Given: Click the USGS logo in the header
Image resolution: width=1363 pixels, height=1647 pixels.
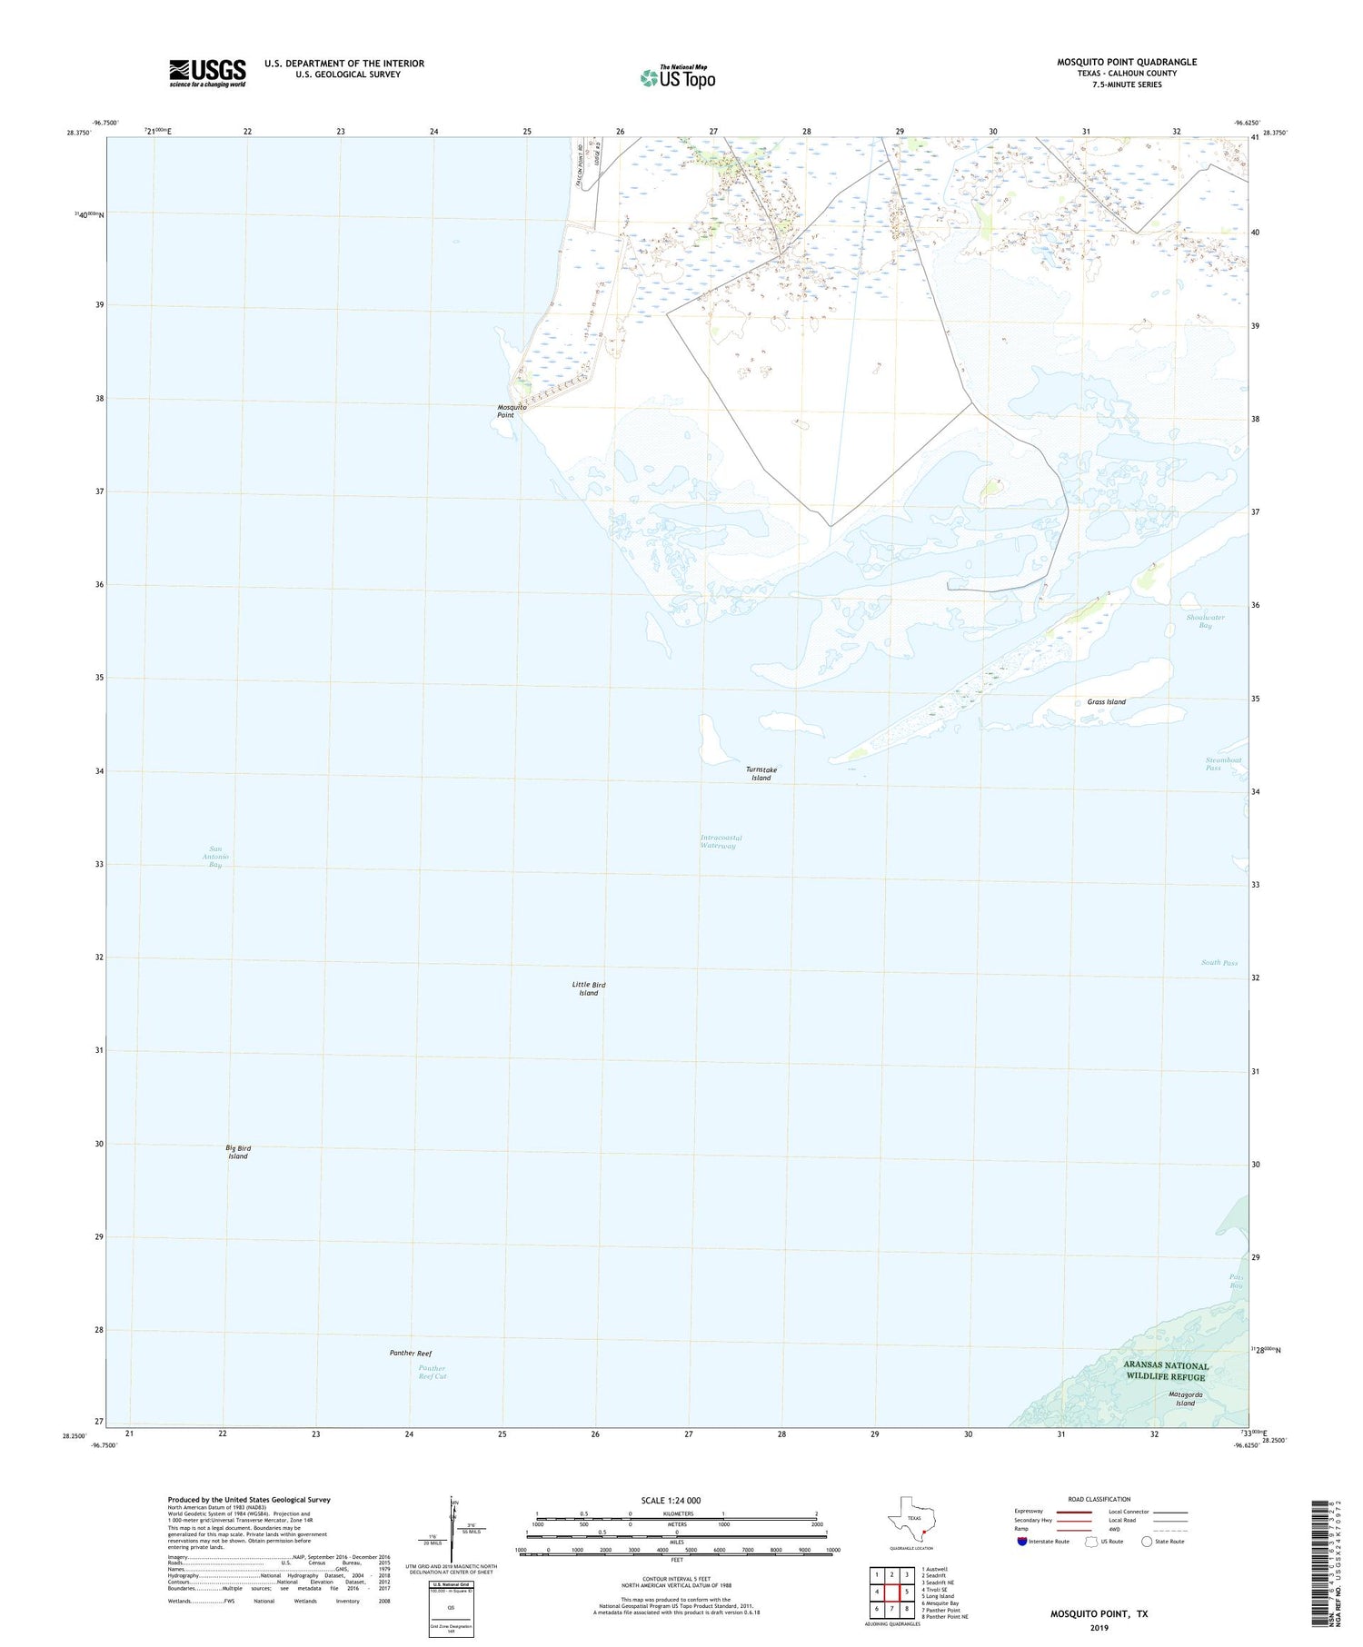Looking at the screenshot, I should [207, 73].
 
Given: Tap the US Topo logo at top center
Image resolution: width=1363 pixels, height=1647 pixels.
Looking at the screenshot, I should [678, 77].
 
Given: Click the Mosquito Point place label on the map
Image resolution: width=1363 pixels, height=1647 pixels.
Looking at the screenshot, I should [512, 411].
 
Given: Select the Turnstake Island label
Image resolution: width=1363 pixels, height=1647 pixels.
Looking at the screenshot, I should [761, 773].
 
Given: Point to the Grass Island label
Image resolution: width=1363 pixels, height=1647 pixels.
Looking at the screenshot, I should [1106, 702].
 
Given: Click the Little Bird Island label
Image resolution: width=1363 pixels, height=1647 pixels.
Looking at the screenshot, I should [589, 988].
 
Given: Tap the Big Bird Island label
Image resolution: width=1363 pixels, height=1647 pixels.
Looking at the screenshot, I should [238, 1153].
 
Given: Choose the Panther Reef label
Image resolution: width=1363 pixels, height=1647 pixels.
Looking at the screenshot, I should [411, 1354].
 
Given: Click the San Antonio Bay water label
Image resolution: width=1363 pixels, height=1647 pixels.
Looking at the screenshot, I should [215, 857].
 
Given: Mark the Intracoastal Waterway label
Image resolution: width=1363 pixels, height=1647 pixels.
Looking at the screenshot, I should [721, 841].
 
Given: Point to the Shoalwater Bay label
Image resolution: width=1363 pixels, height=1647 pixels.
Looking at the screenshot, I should [1205, 621].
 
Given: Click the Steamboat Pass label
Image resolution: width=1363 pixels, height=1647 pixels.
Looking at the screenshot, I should [1223, 764].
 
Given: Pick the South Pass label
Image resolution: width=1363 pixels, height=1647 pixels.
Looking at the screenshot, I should [1219, 963].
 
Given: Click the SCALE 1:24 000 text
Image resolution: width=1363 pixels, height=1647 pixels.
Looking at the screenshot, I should [671, 1500].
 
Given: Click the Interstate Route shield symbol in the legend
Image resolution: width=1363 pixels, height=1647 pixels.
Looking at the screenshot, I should [1022, 1542].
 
